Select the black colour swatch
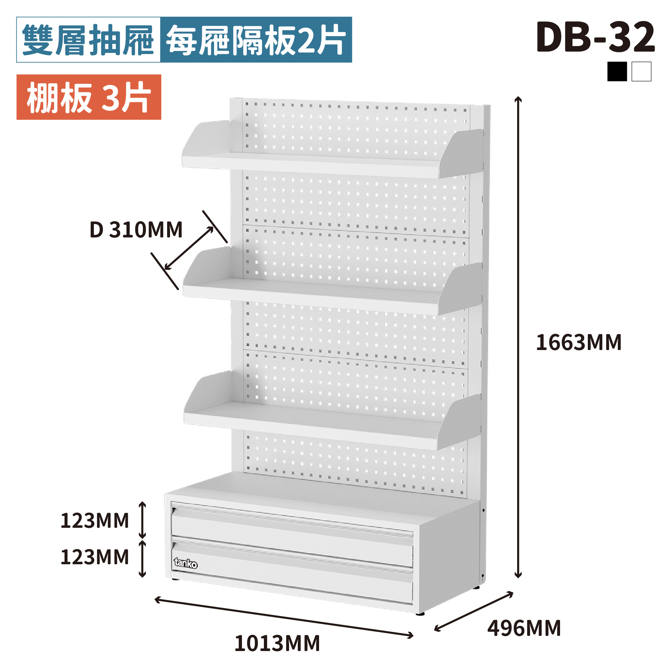point(617,72)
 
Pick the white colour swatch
point(641,72)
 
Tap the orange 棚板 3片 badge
point(89,97)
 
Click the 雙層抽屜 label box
point(88,40)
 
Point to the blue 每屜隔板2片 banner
point(256,40)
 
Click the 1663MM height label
point(579,343)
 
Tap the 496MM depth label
point(524,628)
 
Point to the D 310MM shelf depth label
point(136,230)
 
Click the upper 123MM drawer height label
point(95,521)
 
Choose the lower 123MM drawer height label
point(95,557)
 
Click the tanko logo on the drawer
point(186,563)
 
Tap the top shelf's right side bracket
point(461,153)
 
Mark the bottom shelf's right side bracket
point(459,422)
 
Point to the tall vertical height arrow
point(518,337)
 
